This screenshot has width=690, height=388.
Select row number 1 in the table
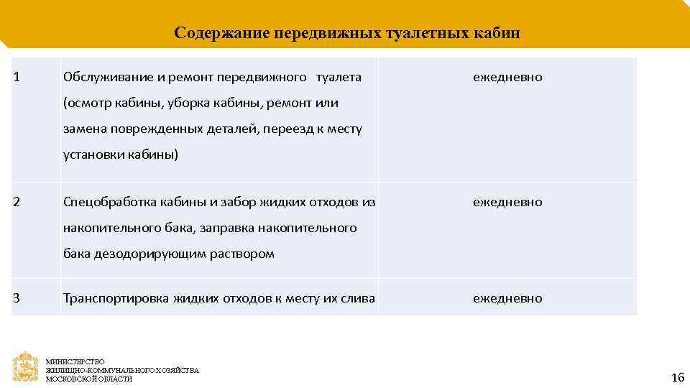pos(17,76)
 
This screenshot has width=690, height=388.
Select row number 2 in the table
pos(17,202)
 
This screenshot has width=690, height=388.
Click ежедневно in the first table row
pos(507,77)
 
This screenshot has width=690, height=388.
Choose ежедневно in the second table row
pos(507,203)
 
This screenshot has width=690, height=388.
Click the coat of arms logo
pos(26,366)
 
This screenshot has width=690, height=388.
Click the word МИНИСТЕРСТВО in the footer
pos(75,361)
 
